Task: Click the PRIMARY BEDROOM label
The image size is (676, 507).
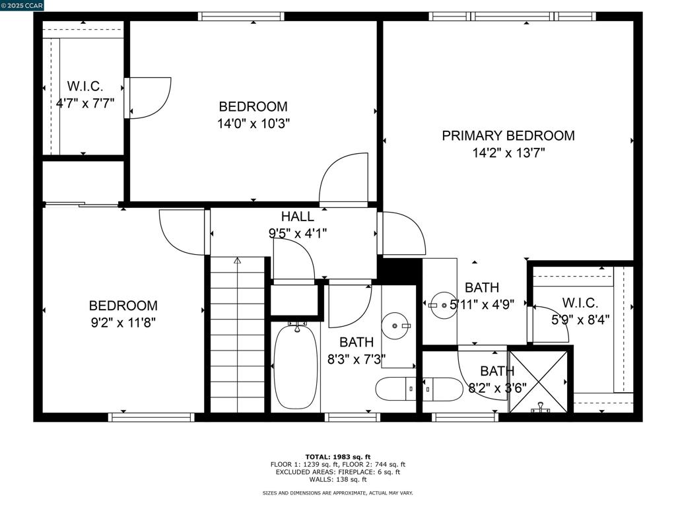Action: (508, 136)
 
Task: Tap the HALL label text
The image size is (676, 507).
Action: (298, 216)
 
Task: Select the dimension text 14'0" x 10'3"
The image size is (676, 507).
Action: (253, 123)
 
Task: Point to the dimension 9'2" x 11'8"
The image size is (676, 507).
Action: (123, 322)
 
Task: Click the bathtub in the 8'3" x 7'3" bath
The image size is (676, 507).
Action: (296, 366)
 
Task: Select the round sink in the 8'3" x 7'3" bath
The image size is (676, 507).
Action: (396, 326)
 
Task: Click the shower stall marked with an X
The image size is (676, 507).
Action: (539, 382)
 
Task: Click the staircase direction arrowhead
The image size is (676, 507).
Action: (237, 260)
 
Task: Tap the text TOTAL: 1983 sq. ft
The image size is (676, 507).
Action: (338, 457)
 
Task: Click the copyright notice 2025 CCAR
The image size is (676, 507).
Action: (22, 5)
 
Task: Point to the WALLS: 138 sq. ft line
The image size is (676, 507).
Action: (338, 479)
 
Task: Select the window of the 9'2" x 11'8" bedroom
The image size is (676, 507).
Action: (151, 417)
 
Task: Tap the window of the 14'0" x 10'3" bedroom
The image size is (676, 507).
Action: (242, 17)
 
